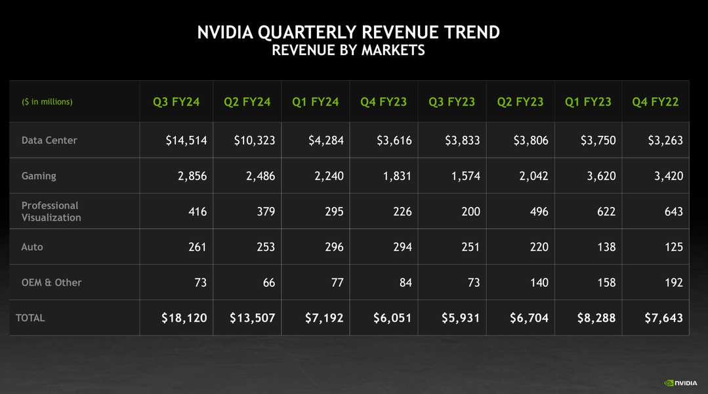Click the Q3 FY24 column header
click(x=177, y=102)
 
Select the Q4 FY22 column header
click(x=656, y=102)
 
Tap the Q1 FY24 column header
click(x=316, y=102)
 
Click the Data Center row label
click(x=49, y=140)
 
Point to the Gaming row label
click(x=39, y=176)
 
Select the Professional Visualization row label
click(x=51, y=211)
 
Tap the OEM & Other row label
click(x=51, y=282)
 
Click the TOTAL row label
click(x=30, y=318)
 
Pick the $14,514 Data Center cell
click(x=186, y=140)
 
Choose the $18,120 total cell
click(x=184, y=318)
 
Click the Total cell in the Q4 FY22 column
click(x=663, y=318)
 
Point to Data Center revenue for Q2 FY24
click(x=255, y=140)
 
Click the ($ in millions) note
click(x=47, y=102)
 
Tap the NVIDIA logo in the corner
click(x=680, y=382)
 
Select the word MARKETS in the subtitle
click(x=392, y=50)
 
